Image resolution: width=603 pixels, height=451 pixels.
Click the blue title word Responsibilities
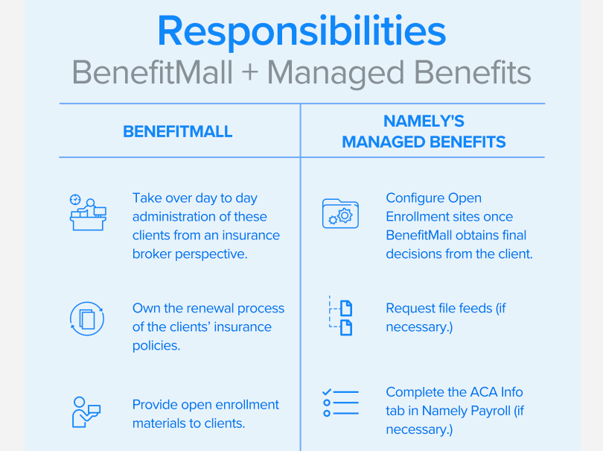[x=301, y=31]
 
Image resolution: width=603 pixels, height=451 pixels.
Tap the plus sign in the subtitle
[x=250, y=73]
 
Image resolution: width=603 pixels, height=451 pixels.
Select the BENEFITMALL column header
[x=178, y=132]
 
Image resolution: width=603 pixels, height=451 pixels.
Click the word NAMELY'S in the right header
[x=424, y=122]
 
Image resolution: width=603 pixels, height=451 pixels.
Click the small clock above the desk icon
[x=75, y=200]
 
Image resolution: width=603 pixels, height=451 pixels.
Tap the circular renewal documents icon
[x=87, y=319]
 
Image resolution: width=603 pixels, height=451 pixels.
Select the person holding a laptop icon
[x=86, y=412]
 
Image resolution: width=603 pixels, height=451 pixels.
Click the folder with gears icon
[x=340, y=213]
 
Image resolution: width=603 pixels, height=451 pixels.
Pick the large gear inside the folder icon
[x=345, y=215]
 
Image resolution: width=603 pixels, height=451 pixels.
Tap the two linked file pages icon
[x=340, y=316]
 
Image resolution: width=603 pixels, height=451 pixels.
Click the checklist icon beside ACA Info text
[x=340, y=403]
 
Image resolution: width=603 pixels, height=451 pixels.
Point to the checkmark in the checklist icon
[x=327, y=391]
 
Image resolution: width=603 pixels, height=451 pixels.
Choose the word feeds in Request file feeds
[x=475, y=308]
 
